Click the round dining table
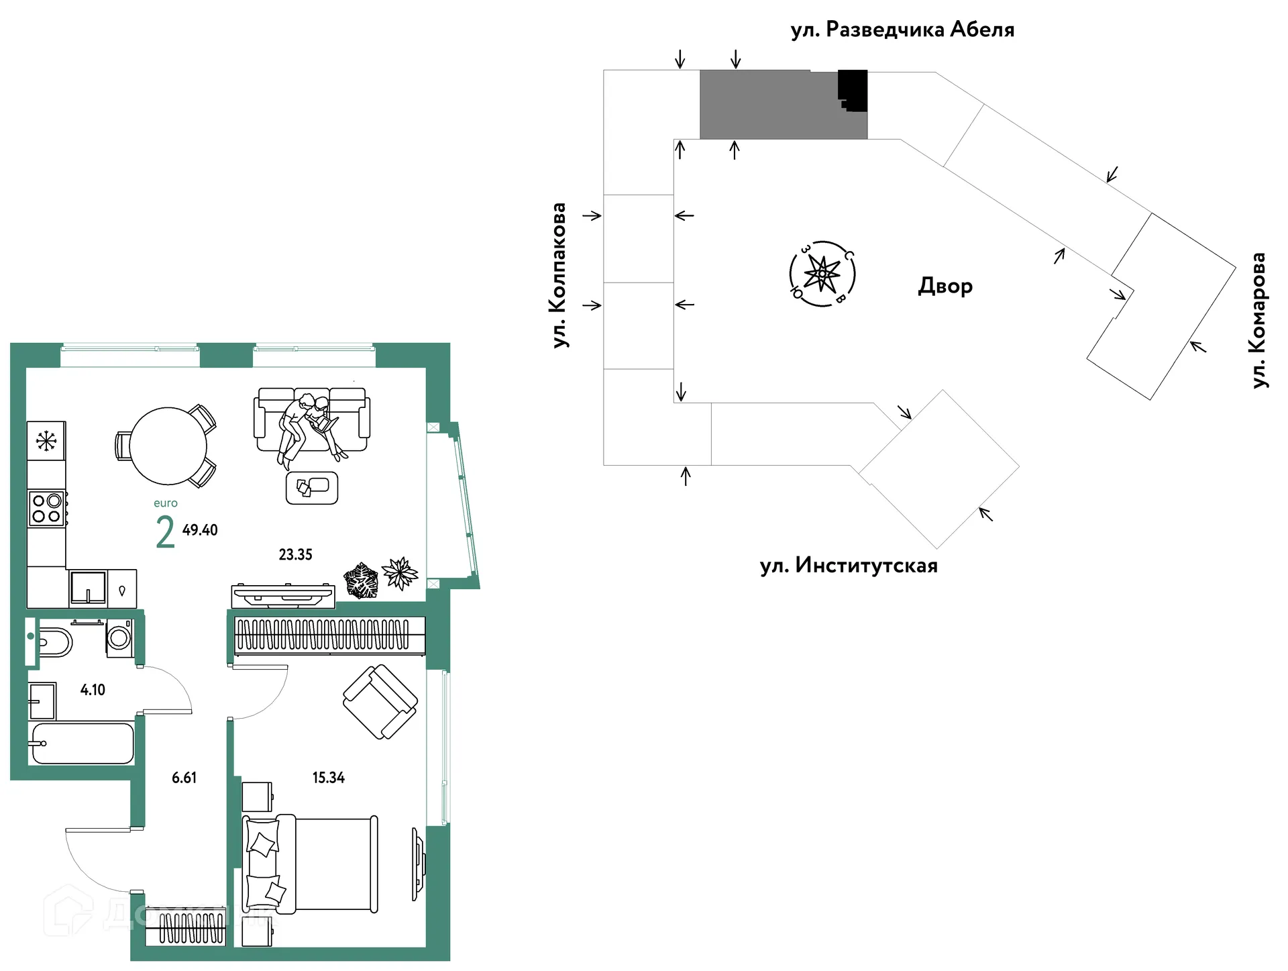click(x=168, y=446)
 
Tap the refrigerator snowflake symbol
click(x=46, y=442)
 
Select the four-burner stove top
click(x=47, y=508)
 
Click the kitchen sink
click(x=88, y=588)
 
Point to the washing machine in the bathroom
click(x=119, y=637)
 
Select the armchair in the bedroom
click(x=380, y=702)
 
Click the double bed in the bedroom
click(x=310, y=864)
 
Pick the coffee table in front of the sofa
click(x=312, y=488)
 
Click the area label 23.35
click(x=296, y=554)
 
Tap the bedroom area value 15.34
click(x=329, y=778)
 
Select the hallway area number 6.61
click(x=184, y=778)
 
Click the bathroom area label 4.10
click(x=93, y=690)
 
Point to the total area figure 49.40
click(x=200, y=530)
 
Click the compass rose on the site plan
click(x=822, y=274)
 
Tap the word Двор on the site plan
click(x=945, y=286)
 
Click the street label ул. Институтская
click(x=849, y=566)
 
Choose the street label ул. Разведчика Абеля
click(x=902, y=30)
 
